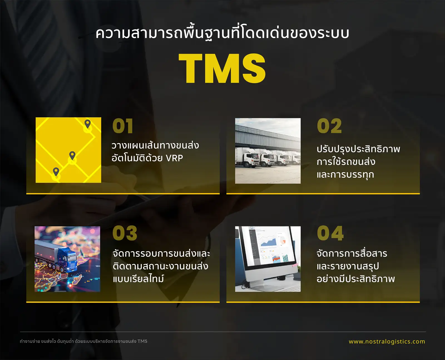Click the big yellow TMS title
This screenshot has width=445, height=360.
[222, 68]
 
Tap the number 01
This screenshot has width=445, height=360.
[123, 126]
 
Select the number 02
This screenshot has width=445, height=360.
[329, 126]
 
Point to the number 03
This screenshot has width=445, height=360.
[125, 233]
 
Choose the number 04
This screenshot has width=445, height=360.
[330, 233]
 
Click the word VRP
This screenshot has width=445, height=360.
[174, 158]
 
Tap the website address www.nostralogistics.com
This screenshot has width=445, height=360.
[387, 342]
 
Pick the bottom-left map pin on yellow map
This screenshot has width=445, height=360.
[56, 172]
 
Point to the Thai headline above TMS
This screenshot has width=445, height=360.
[222, 33]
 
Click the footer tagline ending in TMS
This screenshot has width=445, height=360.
[83, 341]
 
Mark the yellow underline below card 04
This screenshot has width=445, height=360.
[323, 302]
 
